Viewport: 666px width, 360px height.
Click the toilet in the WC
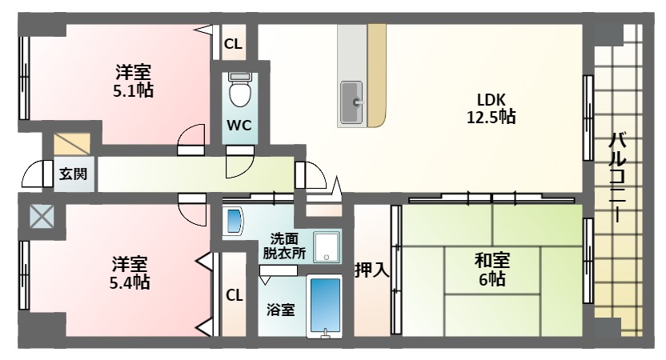tap(240, 90)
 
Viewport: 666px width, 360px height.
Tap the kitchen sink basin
tap(351, 102)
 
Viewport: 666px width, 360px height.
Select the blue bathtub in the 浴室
tap(325, 306)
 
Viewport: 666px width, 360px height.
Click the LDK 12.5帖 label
tap(491, 108)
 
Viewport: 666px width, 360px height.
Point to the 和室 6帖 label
tap(491, 270)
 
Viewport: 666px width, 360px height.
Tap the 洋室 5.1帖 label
tap(134, 81)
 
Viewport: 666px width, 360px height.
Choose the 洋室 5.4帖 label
tap(130, 273)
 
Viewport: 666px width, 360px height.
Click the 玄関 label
tap(74, 174)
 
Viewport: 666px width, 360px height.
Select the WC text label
tap(239, 126)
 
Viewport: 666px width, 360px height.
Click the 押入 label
tap(372, 270)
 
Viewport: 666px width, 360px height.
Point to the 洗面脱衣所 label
tap(284, 246)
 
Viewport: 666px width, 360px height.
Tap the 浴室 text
tap(281, 310)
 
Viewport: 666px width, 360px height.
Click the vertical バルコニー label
tap(617, 177)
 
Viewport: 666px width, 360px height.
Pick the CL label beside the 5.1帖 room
tap(233, 44)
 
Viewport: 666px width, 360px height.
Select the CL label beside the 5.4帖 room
tap(235, 295)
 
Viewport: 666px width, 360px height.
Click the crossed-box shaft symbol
tap(42, 216)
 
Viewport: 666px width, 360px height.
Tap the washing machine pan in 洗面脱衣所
tap(327, 247)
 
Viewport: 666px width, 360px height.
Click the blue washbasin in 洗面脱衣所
tap(233, 221)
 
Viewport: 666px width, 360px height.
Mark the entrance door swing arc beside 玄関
tap(31, 174)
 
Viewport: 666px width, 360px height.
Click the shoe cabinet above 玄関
tap(72, 144)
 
